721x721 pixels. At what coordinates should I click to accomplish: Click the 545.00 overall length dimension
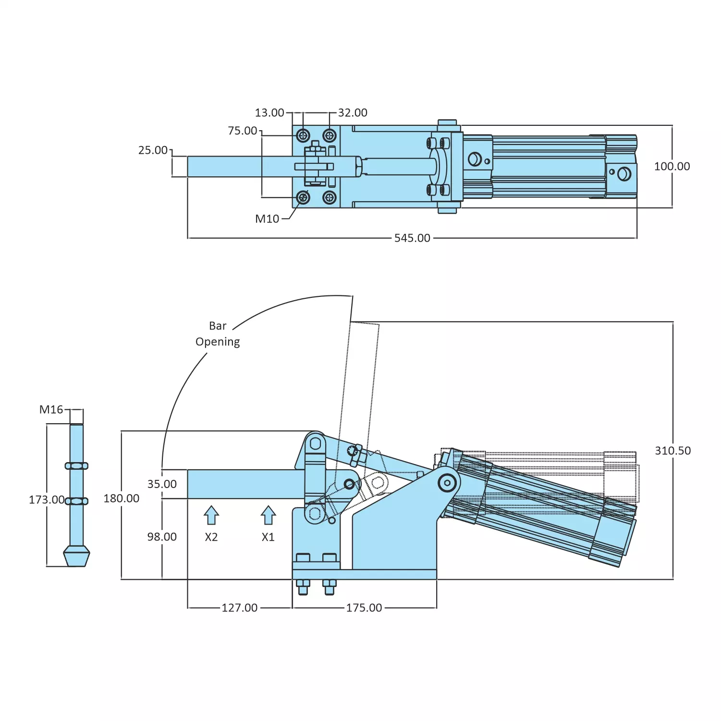pyautogui.click(x=412, y=238)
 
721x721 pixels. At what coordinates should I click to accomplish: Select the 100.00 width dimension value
pyautogui.click(x=672, y=167)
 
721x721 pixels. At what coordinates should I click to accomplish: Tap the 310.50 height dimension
pyautogui.click(x=672, y=451)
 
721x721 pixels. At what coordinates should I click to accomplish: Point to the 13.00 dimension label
pyautogui.click(x=269, y=113)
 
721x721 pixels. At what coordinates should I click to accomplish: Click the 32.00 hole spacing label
pyautogui.click(x=353, y=113)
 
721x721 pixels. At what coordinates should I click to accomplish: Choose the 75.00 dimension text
pyautogui.click(x=242, y=131)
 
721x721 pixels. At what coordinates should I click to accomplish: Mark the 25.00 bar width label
pyautogui.click(x=153, y=150)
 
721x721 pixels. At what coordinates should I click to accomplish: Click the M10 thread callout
pyautogui.click(x=267, y=219)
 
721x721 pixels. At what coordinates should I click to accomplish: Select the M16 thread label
pyautogui.click(x=51, y=410)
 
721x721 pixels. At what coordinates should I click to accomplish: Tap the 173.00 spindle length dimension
pyautogui.click(x=46, y=500)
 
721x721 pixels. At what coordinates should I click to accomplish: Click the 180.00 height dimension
pyautogui.click(x=121, y=499)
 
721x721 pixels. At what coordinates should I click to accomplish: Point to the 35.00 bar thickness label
pyautogui.click(x=162, y=484)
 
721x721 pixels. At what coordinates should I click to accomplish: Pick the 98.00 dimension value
pyautogui.click(x=162, y=537)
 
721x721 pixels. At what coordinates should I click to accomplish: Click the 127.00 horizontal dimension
pyautogui.click(x=239, y=608)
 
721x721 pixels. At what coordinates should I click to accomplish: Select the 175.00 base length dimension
pyautogui.click(x=364, y=608)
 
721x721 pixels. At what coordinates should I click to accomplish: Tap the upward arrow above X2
pyautogui.click(x=211, y=515)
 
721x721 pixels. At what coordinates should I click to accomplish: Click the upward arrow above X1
pyautogui.click(x=268, y=515)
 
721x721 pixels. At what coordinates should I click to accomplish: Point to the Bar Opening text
pyautogui.click(x=218, y=334)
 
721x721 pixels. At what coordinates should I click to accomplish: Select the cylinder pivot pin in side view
pyautogui.click(x=448, y=483)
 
